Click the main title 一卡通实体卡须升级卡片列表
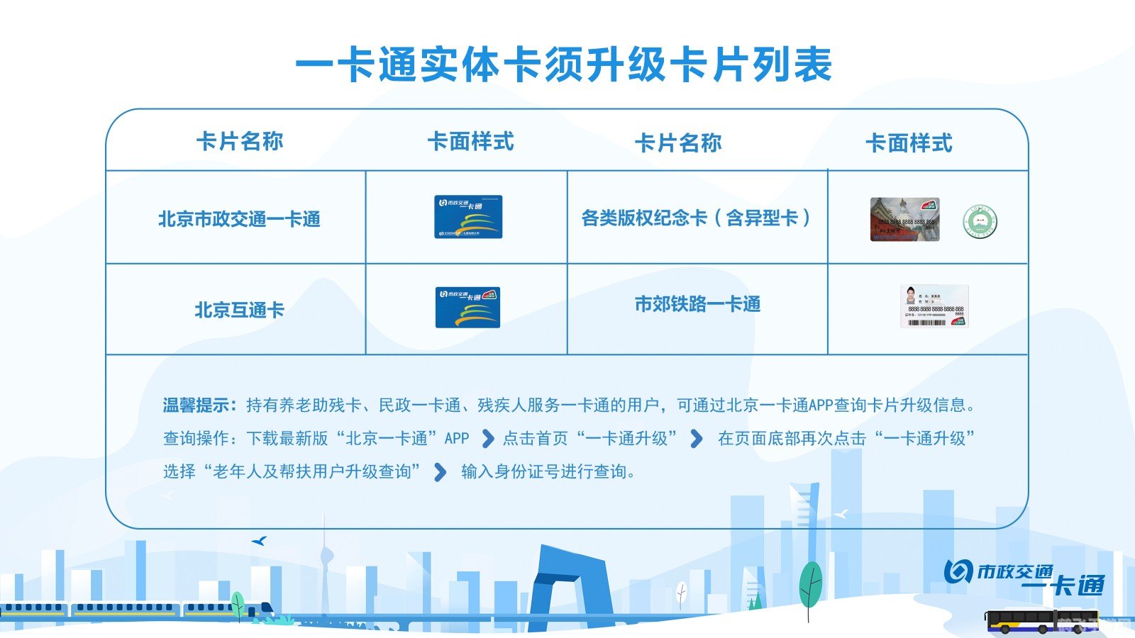pyautogui.click(x=564, y=65)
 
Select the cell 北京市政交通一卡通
pyautogui.click(x=239, y=219)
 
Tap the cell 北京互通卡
pyautogui.click(x=239, y=310)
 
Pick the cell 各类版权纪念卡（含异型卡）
pyautogui.click(x=696, y=218)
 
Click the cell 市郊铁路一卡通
pyautogui.click(x=697, y=304)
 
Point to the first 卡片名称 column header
pyautogui.click(x=239, y=141)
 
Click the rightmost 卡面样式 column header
pyautogui.click(x=909, y=143)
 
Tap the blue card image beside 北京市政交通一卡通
pyautogui.click(x=468, y=217)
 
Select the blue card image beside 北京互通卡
pyautogui.click(x=467, y=308)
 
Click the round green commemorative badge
pyautogui.click(x=980, y=222)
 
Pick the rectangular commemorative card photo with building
pyautogui.click(x=904, y=220)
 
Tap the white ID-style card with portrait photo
pyautogui.click(x=934, y=306)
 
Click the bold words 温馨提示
pyautogui.click(x=198, y=405)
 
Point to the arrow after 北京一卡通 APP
pyautogui.click(x=487, y=439)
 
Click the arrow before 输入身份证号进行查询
pyautogui.click(x=440, y=471)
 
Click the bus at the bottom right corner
pyautogui.click(x=1041, y=621)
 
